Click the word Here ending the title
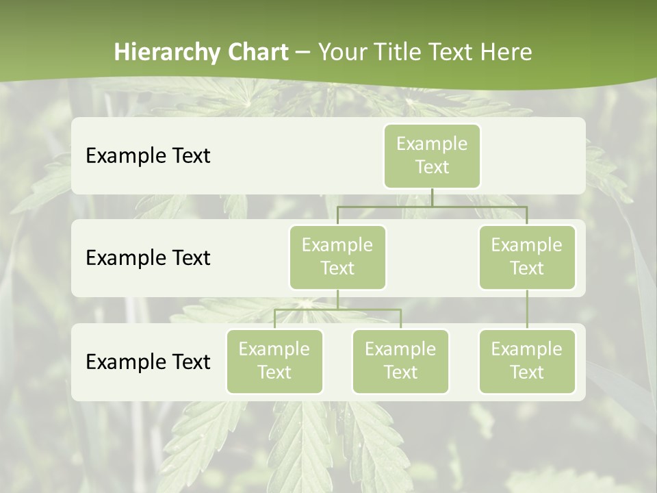pyautogui.click(x=506, y=53)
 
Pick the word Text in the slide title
pyautogui.click(x=452, y=53)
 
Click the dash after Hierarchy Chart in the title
pyautogui.click(x=302, y=53)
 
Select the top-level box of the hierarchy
pyautogui.click(x=432, y=155)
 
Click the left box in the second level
pyautogui.click(x=337, y=257)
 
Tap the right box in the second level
pyautogui.click(x=527, y=257)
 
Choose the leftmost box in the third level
pyautogui.click(x=274, y=361)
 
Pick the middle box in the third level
pyautogui.click(x=400, y=361)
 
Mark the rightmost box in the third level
pyautogui.click(x=527, y=361)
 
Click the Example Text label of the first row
pyautogui.click(x=148, y=155)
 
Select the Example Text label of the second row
pyautogui.click(x=148, y=257)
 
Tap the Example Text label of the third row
pyautogui.click(x=148, y=362)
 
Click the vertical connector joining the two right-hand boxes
pyautogui.click(x=527, y=309)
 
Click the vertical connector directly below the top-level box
pyautogui.click(x=432, y=197)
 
